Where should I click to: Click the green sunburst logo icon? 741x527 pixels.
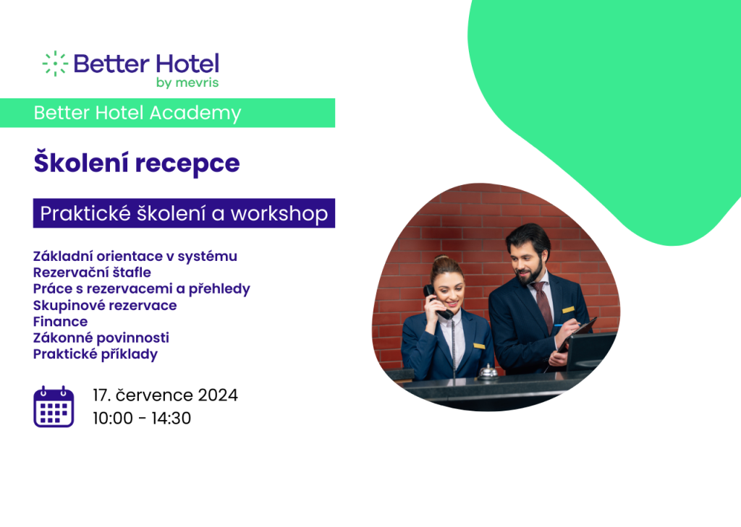tap(55, 64)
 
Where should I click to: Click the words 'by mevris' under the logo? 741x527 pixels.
tap(187, 82)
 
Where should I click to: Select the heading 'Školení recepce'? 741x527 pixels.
tap(137, 163)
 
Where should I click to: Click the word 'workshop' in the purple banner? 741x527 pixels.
tap(279, 214)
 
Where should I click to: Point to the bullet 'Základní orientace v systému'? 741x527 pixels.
tap(135, 257)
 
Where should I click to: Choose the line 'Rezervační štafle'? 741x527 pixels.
tap(92, 273)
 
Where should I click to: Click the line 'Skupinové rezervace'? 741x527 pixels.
tap(105, 306)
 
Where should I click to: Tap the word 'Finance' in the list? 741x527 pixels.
tap(61, 322)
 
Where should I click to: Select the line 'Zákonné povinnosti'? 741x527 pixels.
tap(101, 338)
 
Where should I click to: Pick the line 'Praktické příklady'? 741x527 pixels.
tap(96, 354)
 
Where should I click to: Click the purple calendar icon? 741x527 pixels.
tap(54, 406)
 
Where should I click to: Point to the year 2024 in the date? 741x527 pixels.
tap(218, 395)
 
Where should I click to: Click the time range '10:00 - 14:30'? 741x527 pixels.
tap(142, 419)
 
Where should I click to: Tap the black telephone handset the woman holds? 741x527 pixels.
tap(437, 301)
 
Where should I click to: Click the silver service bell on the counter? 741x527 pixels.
tap(487, 372)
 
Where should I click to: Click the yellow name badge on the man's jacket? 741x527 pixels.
tap(568, 310)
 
